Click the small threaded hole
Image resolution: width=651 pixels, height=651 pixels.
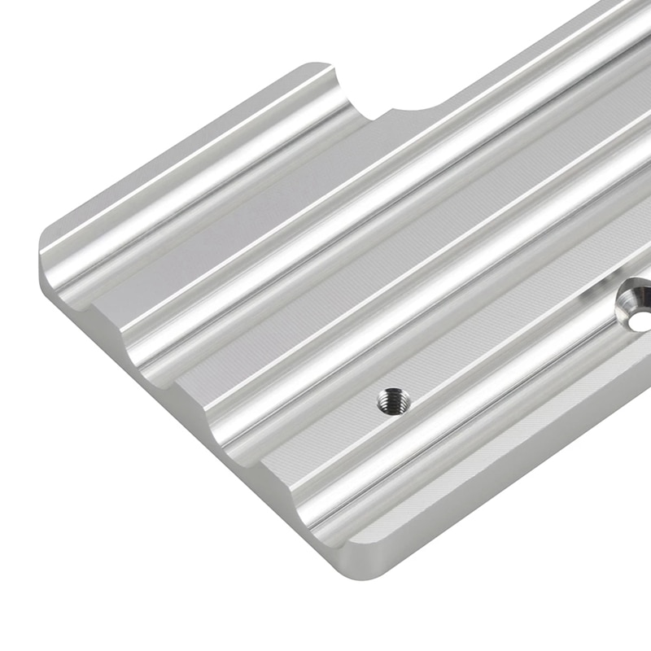point(394,400)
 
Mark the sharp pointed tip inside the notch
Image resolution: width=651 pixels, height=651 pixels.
point(374,119)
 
